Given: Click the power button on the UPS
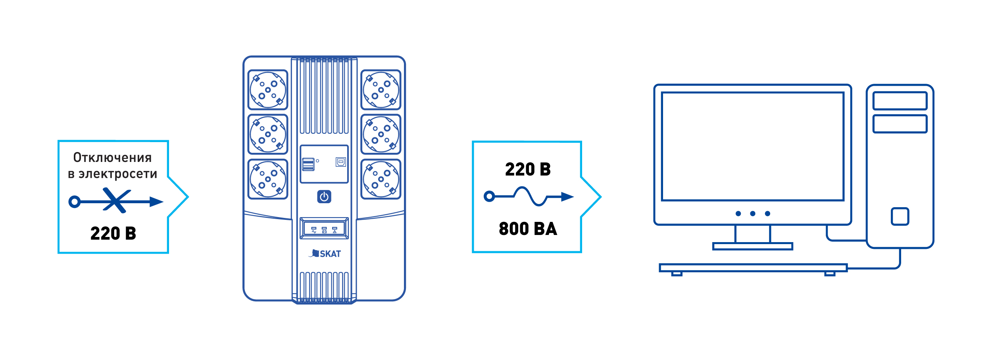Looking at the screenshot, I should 324,196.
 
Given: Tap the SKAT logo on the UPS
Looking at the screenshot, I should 325,254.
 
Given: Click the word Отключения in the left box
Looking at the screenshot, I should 113,158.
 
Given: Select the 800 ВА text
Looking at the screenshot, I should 528,229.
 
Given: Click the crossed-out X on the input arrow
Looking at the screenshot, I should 116,200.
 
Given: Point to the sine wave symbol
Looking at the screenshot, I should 530,196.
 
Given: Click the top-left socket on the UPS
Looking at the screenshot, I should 268,90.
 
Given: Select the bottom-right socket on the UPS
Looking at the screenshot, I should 381,179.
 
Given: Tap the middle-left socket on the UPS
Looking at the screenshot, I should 268,134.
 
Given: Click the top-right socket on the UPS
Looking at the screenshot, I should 381,90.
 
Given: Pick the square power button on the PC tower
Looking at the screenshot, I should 900,216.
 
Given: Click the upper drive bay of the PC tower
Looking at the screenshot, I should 900,101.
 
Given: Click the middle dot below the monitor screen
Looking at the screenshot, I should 753,214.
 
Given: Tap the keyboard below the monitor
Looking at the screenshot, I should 753,268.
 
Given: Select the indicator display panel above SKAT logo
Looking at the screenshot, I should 324,228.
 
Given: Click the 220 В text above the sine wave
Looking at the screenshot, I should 528,169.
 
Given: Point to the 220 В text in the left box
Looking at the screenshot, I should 113,233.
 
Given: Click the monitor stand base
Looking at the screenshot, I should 753,246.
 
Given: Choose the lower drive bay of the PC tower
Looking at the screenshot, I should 900,124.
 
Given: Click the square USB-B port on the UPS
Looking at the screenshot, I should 341,162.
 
